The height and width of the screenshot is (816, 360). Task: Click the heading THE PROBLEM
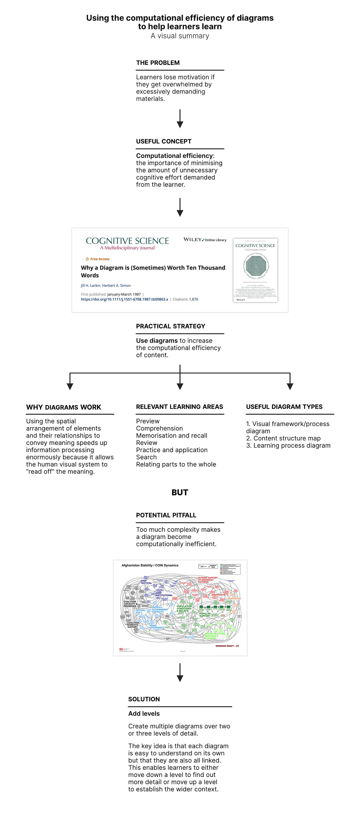point(158,63)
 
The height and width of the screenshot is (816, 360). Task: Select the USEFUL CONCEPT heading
point(163,141)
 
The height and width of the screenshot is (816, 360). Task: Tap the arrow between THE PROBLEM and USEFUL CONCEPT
point(180,119)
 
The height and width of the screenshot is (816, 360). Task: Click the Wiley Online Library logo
point(205,240)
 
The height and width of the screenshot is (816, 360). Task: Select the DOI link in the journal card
point(125,299)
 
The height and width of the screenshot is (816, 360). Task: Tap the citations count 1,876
point(193,299)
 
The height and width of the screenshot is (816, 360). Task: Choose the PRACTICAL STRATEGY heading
point(171,326)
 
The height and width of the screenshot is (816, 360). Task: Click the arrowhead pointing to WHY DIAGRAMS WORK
point(70,386)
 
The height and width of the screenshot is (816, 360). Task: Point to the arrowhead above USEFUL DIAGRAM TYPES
point(290,386)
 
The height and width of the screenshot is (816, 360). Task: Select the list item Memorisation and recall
point(171,436)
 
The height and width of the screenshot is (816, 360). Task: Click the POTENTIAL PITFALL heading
point(166,515)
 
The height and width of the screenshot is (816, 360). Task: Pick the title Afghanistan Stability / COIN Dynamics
point(150,565)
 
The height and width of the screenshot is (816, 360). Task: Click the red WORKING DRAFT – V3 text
point(227,646)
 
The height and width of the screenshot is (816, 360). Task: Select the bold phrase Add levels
point(144,713)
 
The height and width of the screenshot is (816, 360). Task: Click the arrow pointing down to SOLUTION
point(180,673)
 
